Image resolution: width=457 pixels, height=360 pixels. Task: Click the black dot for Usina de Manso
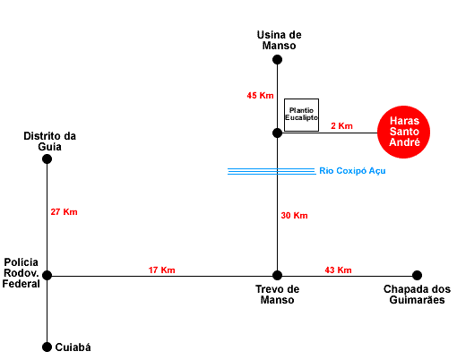tap(277, 60)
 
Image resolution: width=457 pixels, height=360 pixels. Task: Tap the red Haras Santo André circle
tap(403, 132)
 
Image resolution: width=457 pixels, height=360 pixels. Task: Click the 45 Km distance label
tap(260, 96)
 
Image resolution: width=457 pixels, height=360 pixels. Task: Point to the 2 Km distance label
tap(341, 125)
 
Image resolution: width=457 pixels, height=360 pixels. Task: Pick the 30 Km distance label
tap(294, 216)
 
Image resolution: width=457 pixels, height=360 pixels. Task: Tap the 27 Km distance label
tap(64, 212)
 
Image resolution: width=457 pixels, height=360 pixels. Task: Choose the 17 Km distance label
tap(161, 270)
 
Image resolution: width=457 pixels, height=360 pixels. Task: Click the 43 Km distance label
tap(338, 270)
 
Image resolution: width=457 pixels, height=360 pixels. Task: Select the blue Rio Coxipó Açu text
tap(352, 171)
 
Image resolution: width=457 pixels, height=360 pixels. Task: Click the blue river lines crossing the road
tap(272, 171)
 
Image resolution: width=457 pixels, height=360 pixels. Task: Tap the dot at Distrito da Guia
tap(47, 159)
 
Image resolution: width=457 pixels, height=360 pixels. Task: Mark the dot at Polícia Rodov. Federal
tap(47, 275)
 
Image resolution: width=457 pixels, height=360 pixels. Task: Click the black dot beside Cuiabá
tap(47, 347)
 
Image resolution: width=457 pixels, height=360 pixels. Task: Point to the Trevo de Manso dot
tap(277, 275)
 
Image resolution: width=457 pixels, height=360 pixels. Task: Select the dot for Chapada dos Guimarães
tap(418, 275)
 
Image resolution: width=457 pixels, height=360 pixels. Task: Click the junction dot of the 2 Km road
tap(277, 133)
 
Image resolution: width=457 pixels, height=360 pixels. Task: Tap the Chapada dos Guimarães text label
tap(417, 295)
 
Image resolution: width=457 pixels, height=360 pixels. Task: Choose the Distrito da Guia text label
tap(49, 141)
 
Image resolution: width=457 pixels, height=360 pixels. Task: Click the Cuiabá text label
tap(73, 347)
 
